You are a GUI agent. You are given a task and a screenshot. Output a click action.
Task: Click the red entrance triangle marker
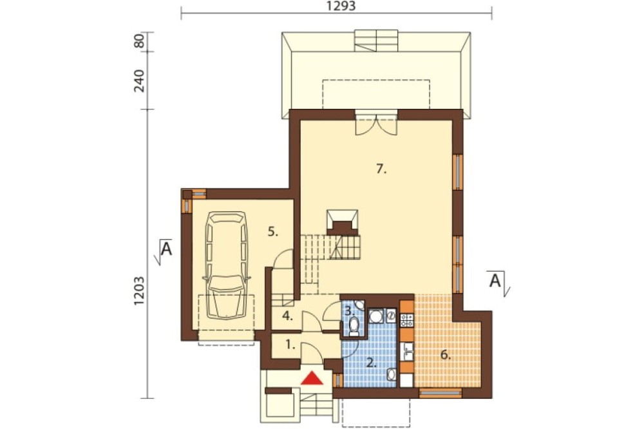(x=312, y=379)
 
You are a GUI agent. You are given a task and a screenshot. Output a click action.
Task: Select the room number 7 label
(x=381, y=169)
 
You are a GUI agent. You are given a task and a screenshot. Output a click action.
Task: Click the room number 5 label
(x=272, y=232)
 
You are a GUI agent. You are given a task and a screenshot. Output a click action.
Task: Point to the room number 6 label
(x=446, y=355)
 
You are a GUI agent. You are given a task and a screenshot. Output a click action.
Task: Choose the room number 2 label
(x=371, y=363)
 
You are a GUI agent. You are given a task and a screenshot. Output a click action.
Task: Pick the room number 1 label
(x=290, y=345)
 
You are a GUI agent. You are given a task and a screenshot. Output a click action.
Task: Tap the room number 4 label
(x=287, y=316)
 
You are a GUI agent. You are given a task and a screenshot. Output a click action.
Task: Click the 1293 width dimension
(x=341, y=6)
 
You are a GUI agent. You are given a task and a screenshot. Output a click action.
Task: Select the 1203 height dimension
(x=139, y=291)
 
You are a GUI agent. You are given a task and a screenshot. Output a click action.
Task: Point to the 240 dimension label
(x=139, y=81)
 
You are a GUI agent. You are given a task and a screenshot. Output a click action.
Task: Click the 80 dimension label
(x=139, y=41)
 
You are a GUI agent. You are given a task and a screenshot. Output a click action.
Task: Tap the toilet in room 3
(x=354, y=328)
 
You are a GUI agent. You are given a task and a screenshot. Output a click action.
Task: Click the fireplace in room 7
(x=342, y=222)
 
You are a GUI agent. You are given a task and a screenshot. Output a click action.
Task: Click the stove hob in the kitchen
(x=406, y=320)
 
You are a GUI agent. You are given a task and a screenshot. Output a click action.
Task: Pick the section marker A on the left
(x=165, y=249)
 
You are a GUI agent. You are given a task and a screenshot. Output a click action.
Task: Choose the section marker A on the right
(x=497, y=281)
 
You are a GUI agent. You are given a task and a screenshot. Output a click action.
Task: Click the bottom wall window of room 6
(x=440, y=393)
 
